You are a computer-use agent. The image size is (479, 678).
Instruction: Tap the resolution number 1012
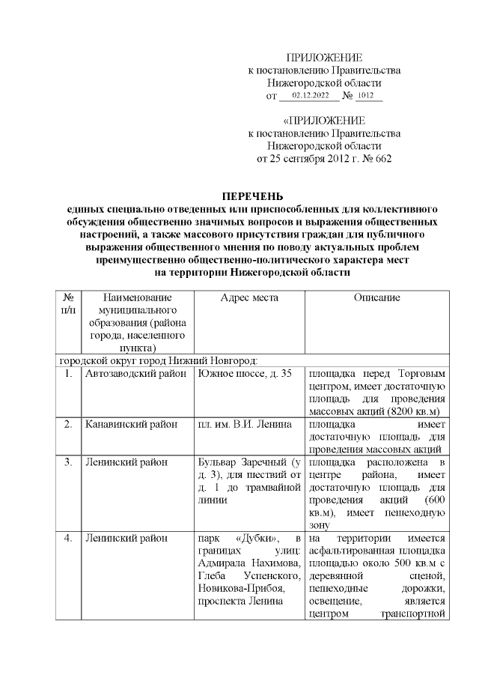(366, 96)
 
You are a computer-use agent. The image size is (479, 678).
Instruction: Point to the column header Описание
(376, 298)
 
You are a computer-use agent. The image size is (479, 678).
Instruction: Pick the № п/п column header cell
(68, 303)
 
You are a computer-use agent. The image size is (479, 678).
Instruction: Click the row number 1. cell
(68, 372)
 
